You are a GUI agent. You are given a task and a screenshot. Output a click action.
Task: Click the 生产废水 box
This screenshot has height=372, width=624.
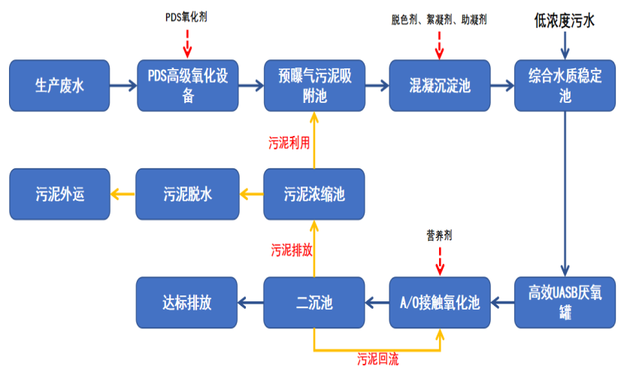[x=60, y=86]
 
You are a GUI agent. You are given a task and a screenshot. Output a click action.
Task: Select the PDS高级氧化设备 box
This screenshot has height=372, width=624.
[x=188, y=86]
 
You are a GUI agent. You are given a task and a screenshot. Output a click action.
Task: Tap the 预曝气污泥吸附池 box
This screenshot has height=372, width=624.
[x=314, y=86]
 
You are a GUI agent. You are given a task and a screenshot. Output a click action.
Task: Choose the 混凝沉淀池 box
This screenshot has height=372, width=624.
[x=440, y=86]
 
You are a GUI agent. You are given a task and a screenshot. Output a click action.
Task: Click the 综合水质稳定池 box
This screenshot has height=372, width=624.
[x=565, y=86]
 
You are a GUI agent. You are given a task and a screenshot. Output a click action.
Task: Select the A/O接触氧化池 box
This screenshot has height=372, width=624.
[x=440, y=303]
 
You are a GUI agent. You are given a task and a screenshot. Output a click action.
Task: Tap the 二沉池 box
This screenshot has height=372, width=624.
[x=314, y=303]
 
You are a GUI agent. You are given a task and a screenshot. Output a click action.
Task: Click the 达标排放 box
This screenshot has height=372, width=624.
[x=187, y=303]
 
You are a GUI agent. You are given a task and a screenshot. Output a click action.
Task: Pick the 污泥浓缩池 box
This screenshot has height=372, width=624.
[x=314, y=195]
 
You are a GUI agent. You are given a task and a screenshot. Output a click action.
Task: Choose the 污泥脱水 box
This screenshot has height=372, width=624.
[x=187, y=195]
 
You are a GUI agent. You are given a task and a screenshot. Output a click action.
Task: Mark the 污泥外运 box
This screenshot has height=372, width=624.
[x=60, y=195]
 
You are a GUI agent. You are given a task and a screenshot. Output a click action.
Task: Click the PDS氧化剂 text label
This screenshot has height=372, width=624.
[x=186, y=16]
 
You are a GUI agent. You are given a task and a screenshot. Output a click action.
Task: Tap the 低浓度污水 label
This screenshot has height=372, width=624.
[x=564, y=21]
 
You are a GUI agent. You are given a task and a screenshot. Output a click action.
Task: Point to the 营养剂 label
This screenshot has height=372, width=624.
[x=439, y=235]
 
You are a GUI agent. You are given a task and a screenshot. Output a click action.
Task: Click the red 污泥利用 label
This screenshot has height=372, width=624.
[x=289, y=142]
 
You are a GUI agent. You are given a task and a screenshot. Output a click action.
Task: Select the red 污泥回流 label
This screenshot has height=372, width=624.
[x=377, y=360]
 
